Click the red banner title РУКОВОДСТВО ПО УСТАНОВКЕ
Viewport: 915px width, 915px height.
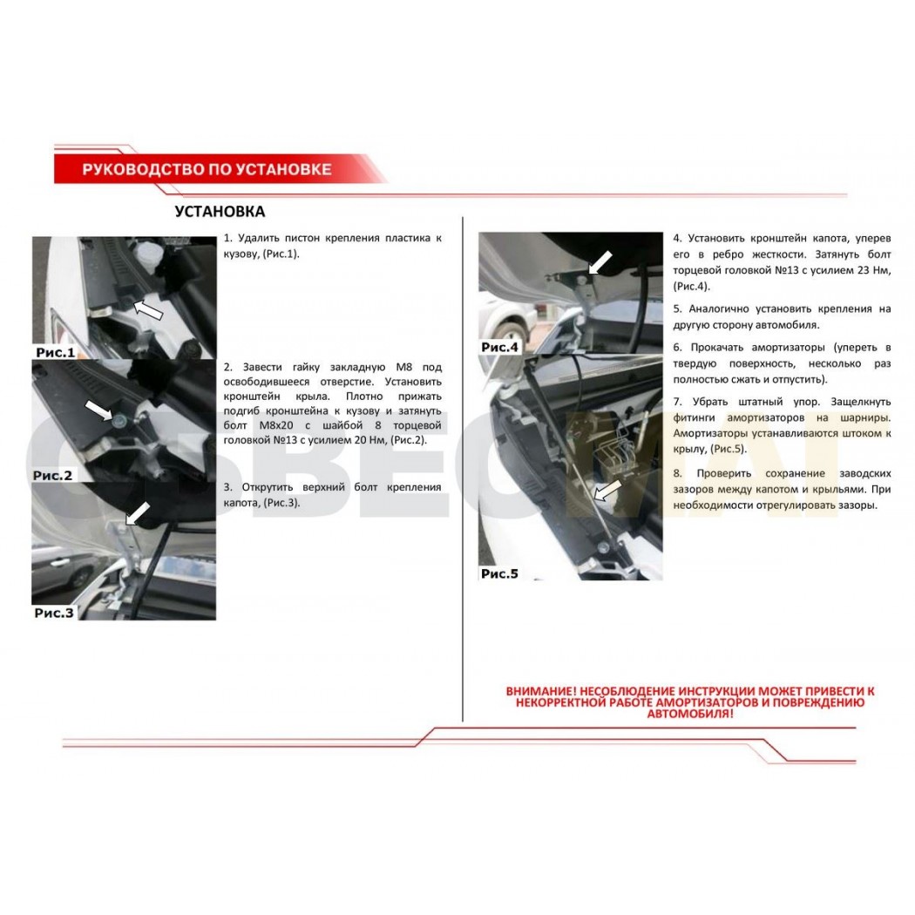point(207,169)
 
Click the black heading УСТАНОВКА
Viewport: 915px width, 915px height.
point(220,211)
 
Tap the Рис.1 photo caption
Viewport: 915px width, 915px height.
point(56,352)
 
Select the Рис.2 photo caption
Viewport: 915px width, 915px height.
point(52,476)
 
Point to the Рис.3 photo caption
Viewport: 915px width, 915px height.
point(54,613)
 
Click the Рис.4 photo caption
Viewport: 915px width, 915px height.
point(499,347)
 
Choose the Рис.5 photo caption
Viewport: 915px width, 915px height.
point(499,573)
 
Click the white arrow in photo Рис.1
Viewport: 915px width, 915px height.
point(148,309)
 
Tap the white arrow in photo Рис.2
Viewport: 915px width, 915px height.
point(98,410)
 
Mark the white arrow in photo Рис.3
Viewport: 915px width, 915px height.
point(138,513)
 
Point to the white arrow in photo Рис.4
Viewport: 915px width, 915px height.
point(600,262)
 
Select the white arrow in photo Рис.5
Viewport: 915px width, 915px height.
point(607,490)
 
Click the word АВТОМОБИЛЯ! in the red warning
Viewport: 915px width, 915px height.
point(690,714)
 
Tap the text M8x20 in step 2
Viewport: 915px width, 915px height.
point(276,425)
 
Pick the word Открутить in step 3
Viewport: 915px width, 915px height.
point(268,487)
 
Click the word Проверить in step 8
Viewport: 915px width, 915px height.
point(723,473)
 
